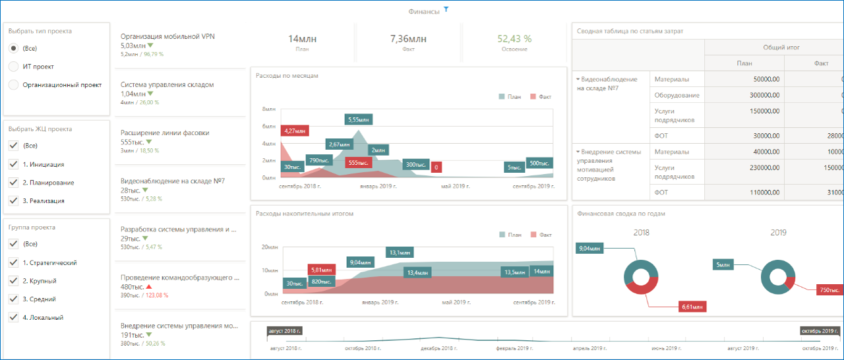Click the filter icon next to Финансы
coord(446,10)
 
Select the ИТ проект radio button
coord(13,67)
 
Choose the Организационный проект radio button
coord(13,84)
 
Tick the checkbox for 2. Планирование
coord(13,183)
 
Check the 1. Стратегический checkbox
coord(13,262)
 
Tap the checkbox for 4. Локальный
coord(13,317)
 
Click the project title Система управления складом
coord(167,85)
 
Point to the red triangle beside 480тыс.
coord(149,287)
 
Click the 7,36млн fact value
coord(408,39)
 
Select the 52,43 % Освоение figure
coord(514,39)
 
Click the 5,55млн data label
coord(358,119)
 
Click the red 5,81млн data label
coord(322,270)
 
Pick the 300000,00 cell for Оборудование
coord(744,96)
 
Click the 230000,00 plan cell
coord(744,167)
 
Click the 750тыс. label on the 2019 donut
coord(829,290)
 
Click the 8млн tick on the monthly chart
coord(269,109)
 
